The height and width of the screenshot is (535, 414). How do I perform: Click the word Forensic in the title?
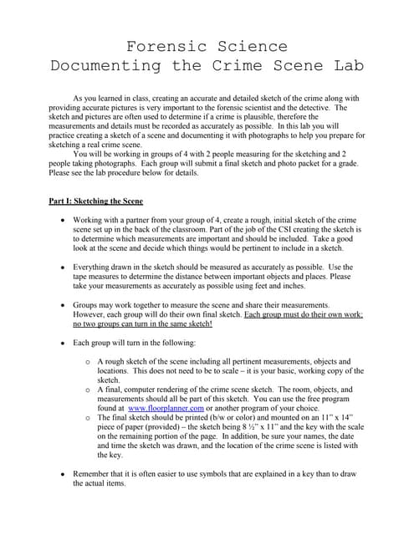click(164, 46)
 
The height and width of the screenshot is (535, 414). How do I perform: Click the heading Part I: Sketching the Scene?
click(95, 201)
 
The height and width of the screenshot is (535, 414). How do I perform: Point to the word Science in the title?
click(249, 46)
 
